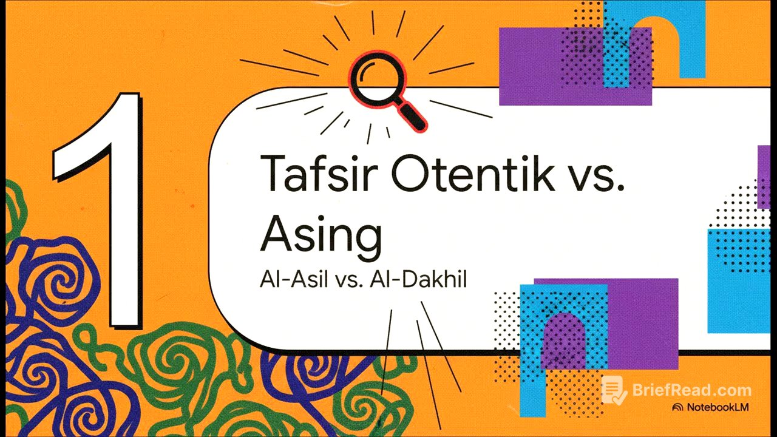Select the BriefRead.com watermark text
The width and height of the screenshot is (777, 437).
point(689,390)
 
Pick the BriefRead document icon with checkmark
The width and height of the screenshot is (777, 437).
point(613,390)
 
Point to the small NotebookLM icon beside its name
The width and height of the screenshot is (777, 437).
point(677,407)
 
